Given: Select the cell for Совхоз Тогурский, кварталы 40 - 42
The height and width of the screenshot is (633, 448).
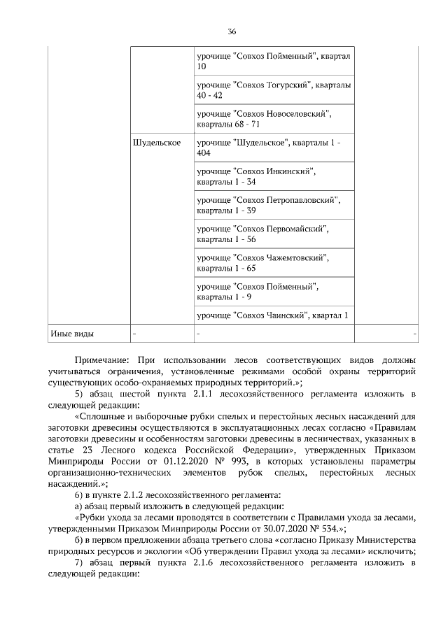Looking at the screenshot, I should click(x=273, y=90).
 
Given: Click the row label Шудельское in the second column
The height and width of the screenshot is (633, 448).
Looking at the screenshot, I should click(x=156, y=143).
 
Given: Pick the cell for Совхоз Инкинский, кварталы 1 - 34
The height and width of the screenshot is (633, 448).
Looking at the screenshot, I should click(x=273, y=176).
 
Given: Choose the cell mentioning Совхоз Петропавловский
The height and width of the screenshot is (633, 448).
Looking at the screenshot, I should click(x=273, y=204).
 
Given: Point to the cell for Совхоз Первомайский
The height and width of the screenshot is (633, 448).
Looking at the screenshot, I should click(x=273, y=233).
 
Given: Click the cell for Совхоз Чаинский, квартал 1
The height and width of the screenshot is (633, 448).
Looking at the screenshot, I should click(x=273, y=315).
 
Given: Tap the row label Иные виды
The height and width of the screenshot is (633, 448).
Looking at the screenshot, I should click(x=71, y=333).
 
